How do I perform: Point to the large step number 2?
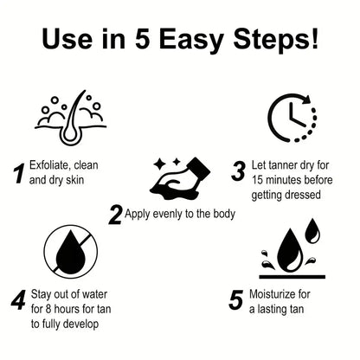pos(114,214)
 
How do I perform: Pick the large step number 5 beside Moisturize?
pos(235,300)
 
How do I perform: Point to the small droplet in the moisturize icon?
pos(312,229)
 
